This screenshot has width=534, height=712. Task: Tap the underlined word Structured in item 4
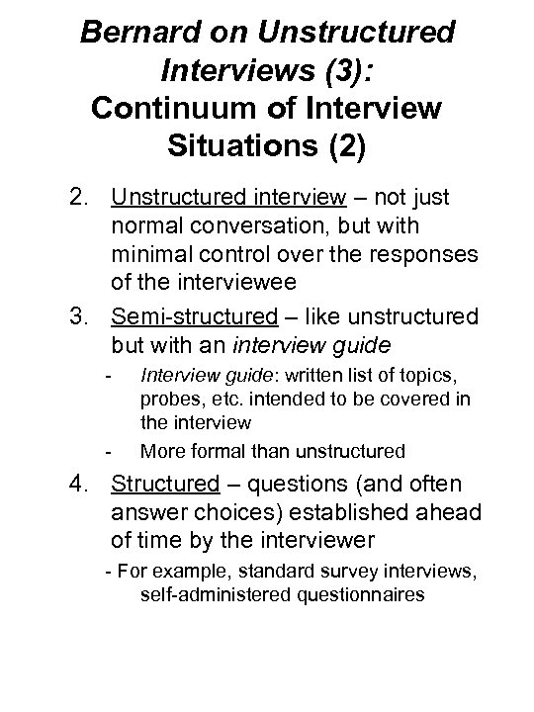coord(163,486)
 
